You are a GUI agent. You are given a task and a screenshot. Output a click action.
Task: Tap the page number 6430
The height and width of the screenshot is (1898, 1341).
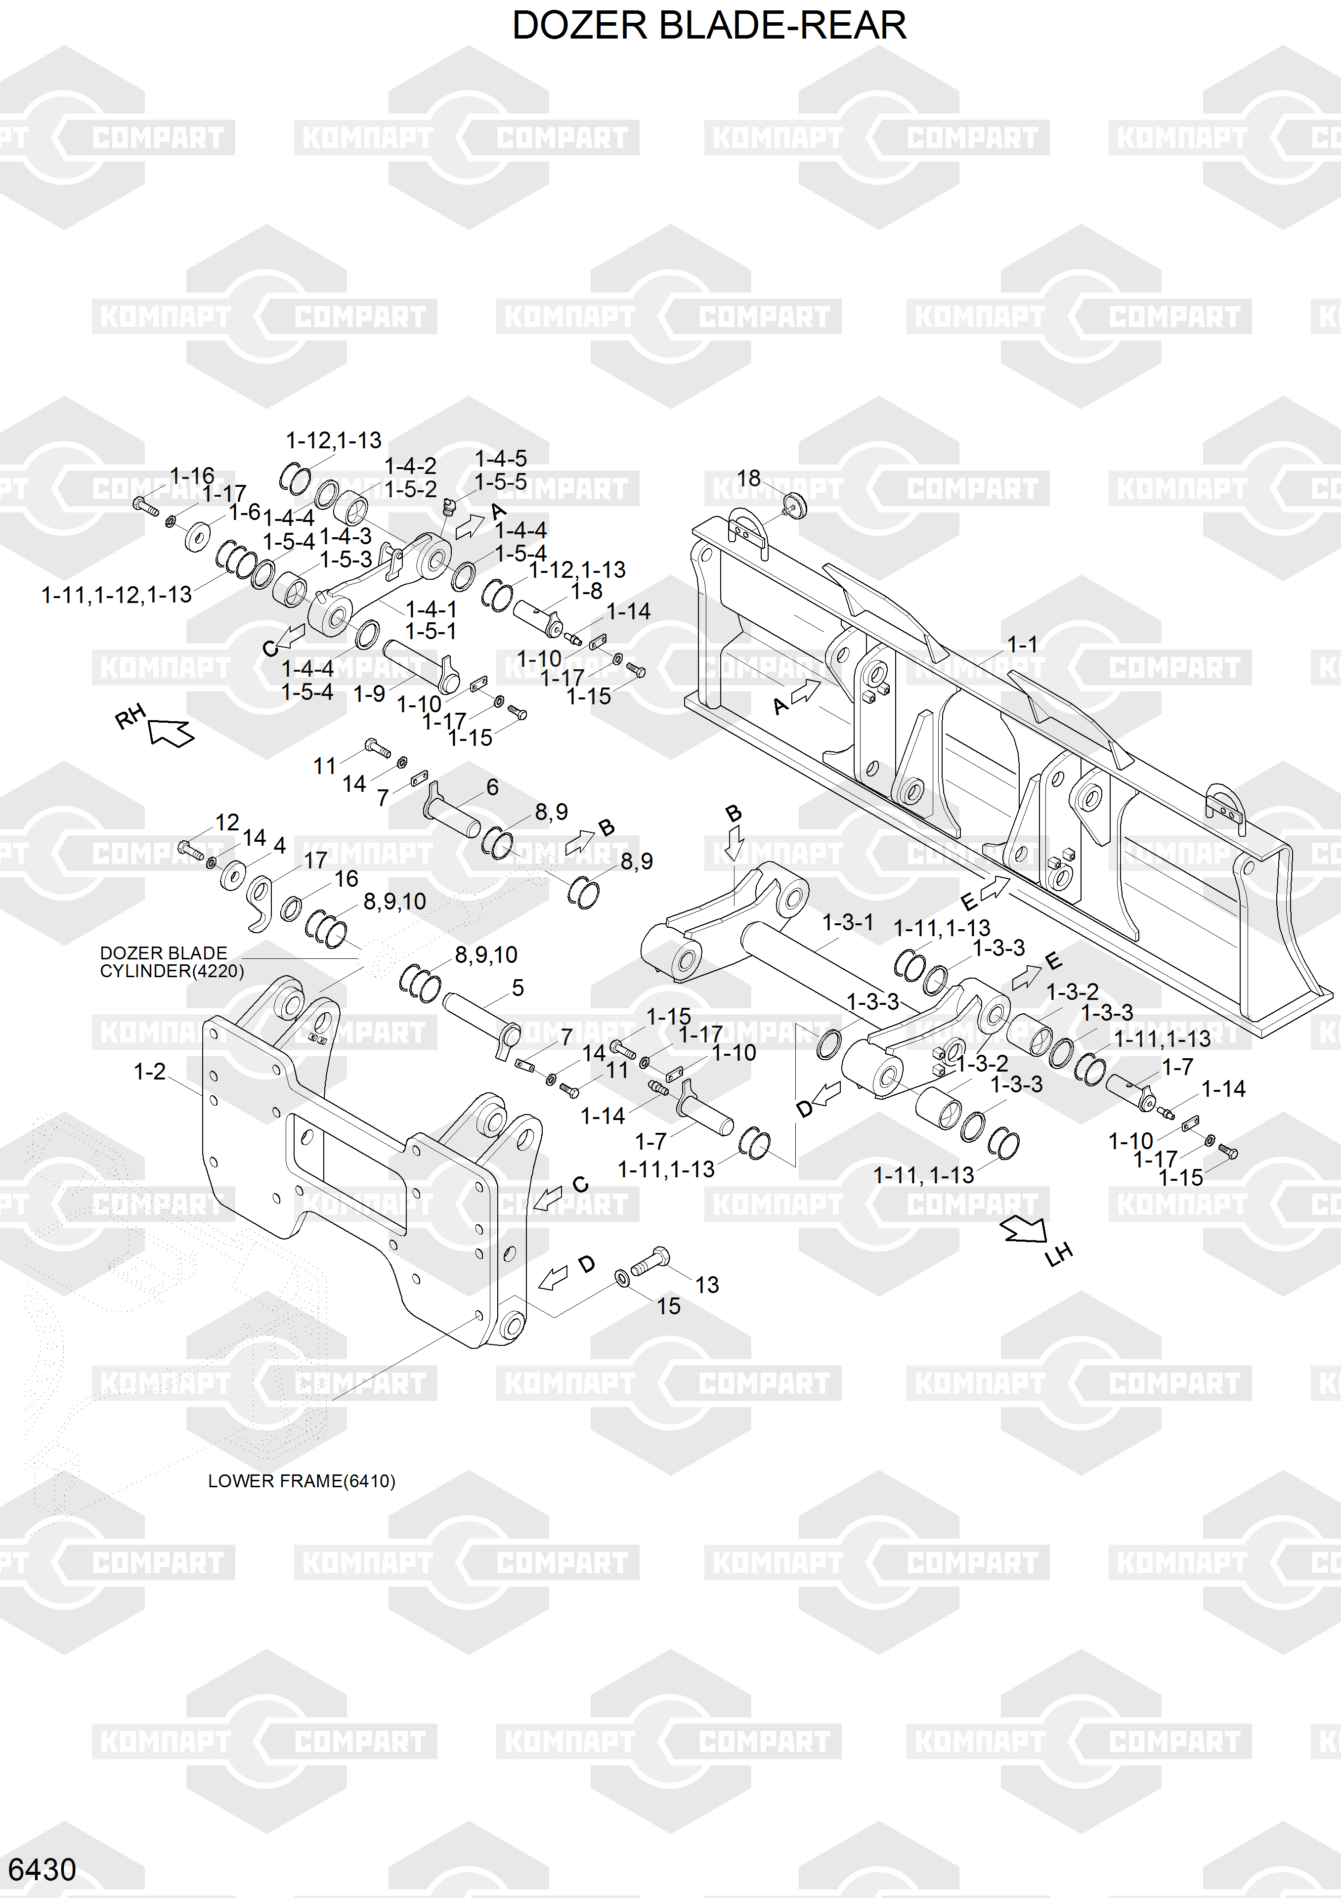[42, 1869]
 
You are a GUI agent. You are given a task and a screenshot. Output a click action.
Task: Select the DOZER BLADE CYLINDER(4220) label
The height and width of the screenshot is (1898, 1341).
[171, 961]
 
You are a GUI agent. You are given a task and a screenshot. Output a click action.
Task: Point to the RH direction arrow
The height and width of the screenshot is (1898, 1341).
[171, 732]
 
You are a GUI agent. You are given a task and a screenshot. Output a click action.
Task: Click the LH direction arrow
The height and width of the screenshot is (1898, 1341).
[1024, 1230]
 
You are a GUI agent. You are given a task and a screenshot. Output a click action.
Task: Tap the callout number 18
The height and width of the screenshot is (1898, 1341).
[748, 478]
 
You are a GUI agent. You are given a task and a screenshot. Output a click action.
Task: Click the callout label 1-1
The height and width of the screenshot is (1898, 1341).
[1022, 644]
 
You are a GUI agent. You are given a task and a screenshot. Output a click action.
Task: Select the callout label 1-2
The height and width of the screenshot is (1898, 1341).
[150, 1072]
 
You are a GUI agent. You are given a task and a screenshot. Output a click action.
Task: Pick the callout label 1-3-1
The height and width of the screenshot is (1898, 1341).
[847, 922]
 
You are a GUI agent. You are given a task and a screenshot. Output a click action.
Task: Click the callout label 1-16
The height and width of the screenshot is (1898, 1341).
[192, 476]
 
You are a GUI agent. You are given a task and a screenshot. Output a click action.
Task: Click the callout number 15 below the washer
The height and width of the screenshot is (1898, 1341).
[668, 1306]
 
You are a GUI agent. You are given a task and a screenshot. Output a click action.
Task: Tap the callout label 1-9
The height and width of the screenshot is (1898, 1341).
[369, 693]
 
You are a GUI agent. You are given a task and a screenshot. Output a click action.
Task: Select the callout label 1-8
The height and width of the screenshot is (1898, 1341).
[587, 591]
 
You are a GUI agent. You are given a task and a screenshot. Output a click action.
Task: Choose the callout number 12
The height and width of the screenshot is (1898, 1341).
[227, 822]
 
